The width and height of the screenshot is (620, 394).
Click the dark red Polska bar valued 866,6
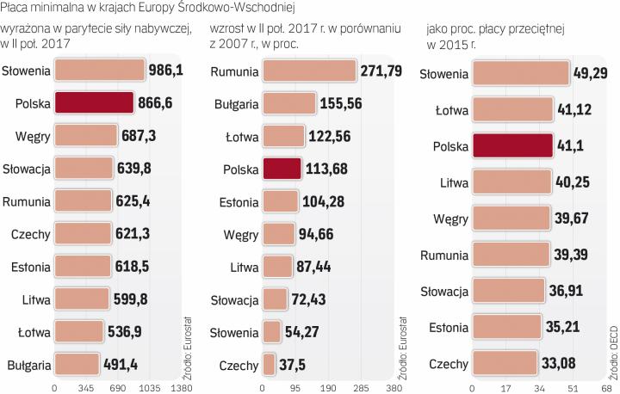click(94, 103)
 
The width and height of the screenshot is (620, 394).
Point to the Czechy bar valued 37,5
click(269, 365)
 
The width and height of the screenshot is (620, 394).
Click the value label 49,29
click(591, 73)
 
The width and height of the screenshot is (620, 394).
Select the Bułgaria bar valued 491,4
click(77, 365)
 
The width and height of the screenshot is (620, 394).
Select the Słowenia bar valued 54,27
click(272, 332)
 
